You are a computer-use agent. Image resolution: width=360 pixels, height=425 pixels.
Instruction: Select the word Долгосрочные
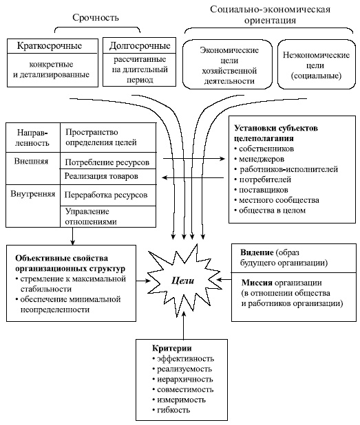[138, 47]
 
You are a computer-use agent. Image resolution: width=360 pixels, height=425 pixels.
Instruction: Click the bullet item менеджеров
[262, 159]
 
